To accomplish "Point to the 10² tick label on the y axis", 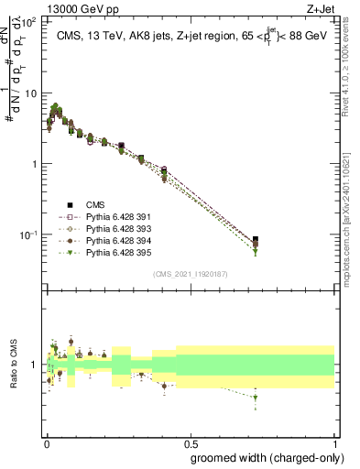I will pos(30,21).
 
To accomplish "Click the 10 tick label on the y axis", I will pos(32,93).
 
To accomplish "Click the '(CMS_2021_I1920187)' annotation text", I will pos(191,274).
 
